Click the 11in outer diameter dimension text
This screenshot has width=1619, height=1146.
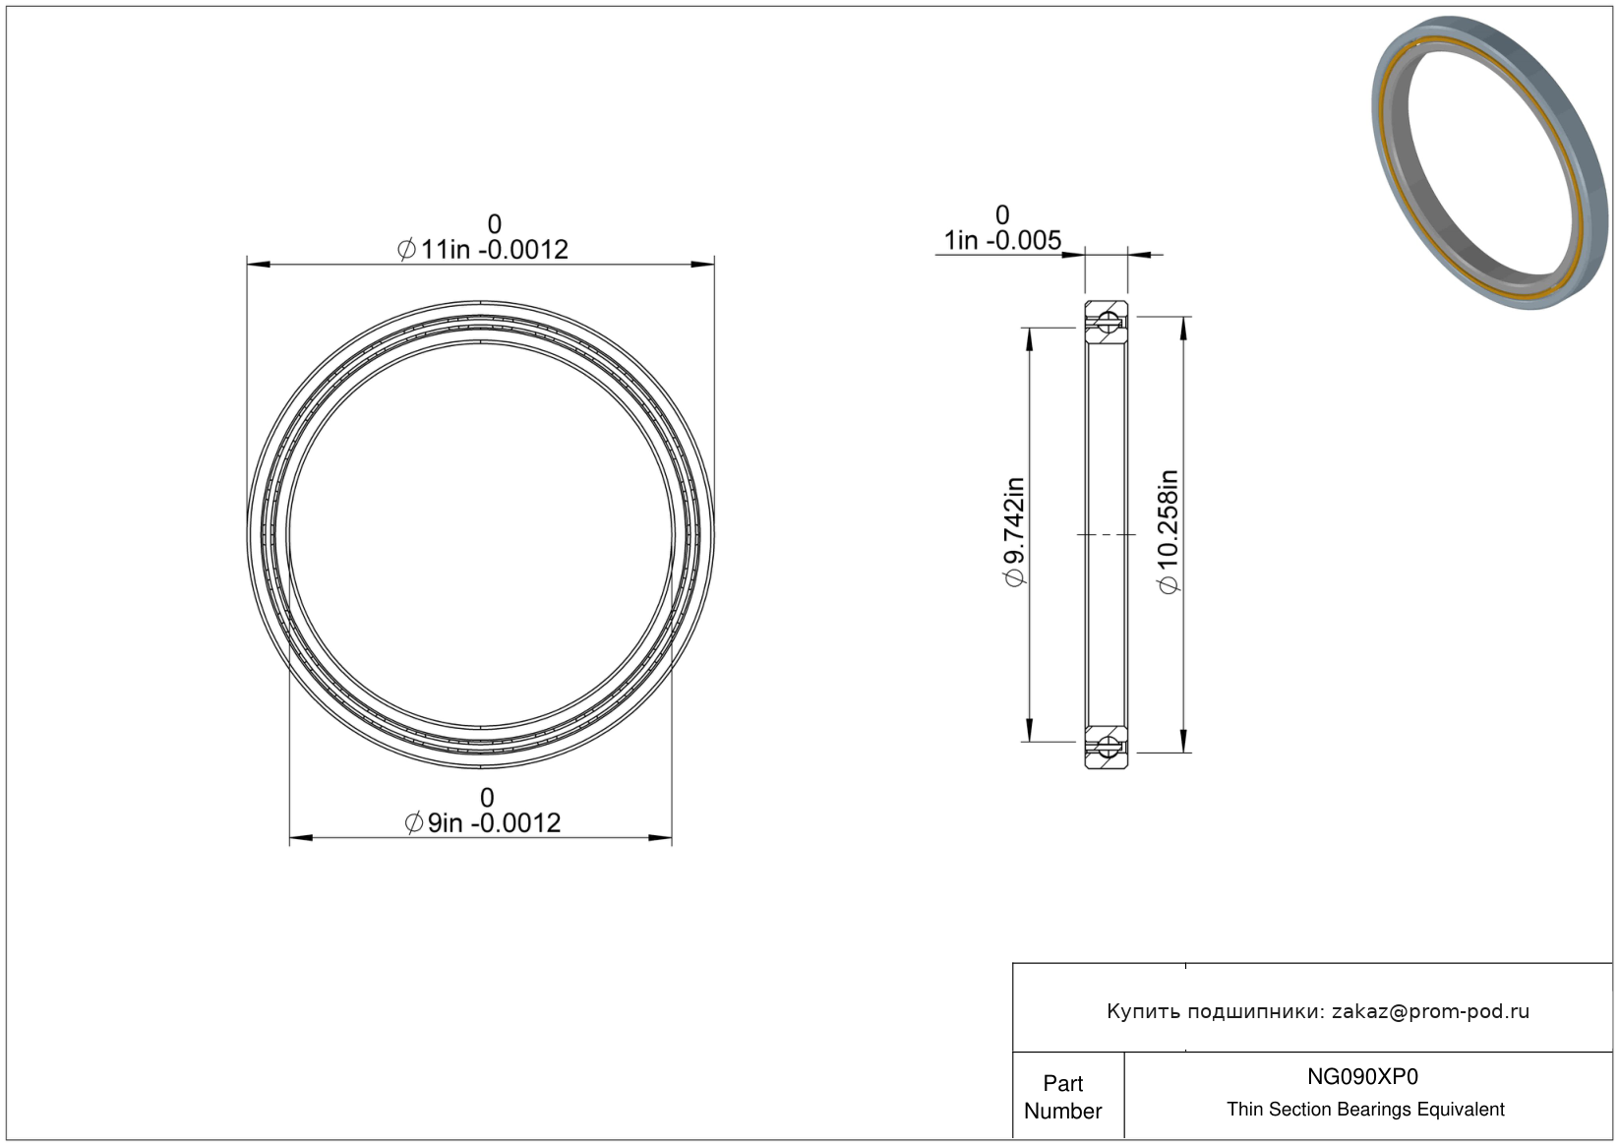point(483,250)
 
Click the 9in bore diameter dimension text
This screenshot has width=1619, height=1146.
point(483,822)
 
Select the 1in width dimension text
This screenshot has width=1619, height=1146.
point(1002,240)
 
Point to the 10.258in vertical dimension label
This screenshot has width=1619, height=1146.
point(1168,531)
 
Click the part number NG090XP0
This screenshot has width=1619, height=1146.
point(1363,1076)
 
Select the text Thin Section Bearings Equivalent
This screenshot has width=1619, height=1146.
point(1365,1110)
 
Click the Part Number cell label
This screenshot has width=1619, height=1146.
point(1062,1097)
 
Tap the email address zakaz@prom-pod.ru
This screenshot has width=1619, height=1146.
point(1430,1011)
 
